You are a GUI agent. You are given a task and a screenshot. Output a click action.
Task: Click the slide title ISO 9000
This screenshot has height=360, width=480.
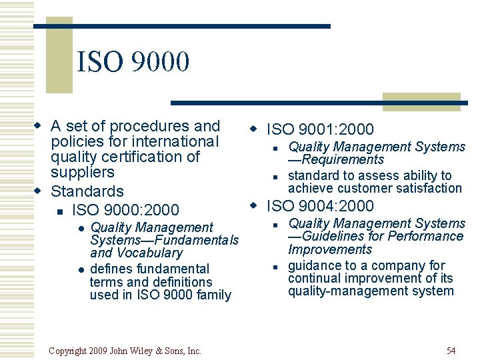click(133, 63)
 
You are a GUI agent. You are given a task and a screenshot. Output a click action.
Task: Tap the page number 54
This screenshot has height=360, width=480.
click(451, 351)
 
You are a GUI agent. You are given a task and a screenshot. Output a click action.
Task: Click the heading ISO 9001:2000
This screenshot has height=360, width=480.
click(320, 129)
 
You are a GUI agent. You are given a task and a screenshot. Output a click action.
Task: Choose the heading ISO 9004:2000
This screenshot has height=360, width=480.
click(320, 206)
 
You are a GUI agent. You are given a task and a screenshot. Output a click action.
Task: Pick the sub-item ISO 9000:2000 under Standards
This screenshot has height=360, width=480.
click(125, 210)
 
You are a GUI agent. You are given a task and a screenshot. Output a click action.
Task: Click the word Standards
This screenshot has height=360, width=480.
click(87, 192)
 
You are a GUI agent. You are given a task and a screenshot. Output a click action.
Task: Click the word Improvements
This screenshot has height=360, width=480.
click(330, 249)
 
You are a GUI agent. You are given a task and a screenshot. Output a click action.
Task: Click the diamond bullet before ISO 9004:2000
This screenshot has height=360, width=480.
click(254, 205)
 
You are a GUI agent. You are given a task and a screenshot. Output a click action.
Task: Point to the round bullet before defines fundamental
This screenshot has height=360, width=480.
click(80, 269)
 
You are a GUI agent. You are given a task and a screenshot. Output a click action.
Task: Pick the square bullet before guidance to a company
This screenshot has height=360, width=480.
click(274, 267)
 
